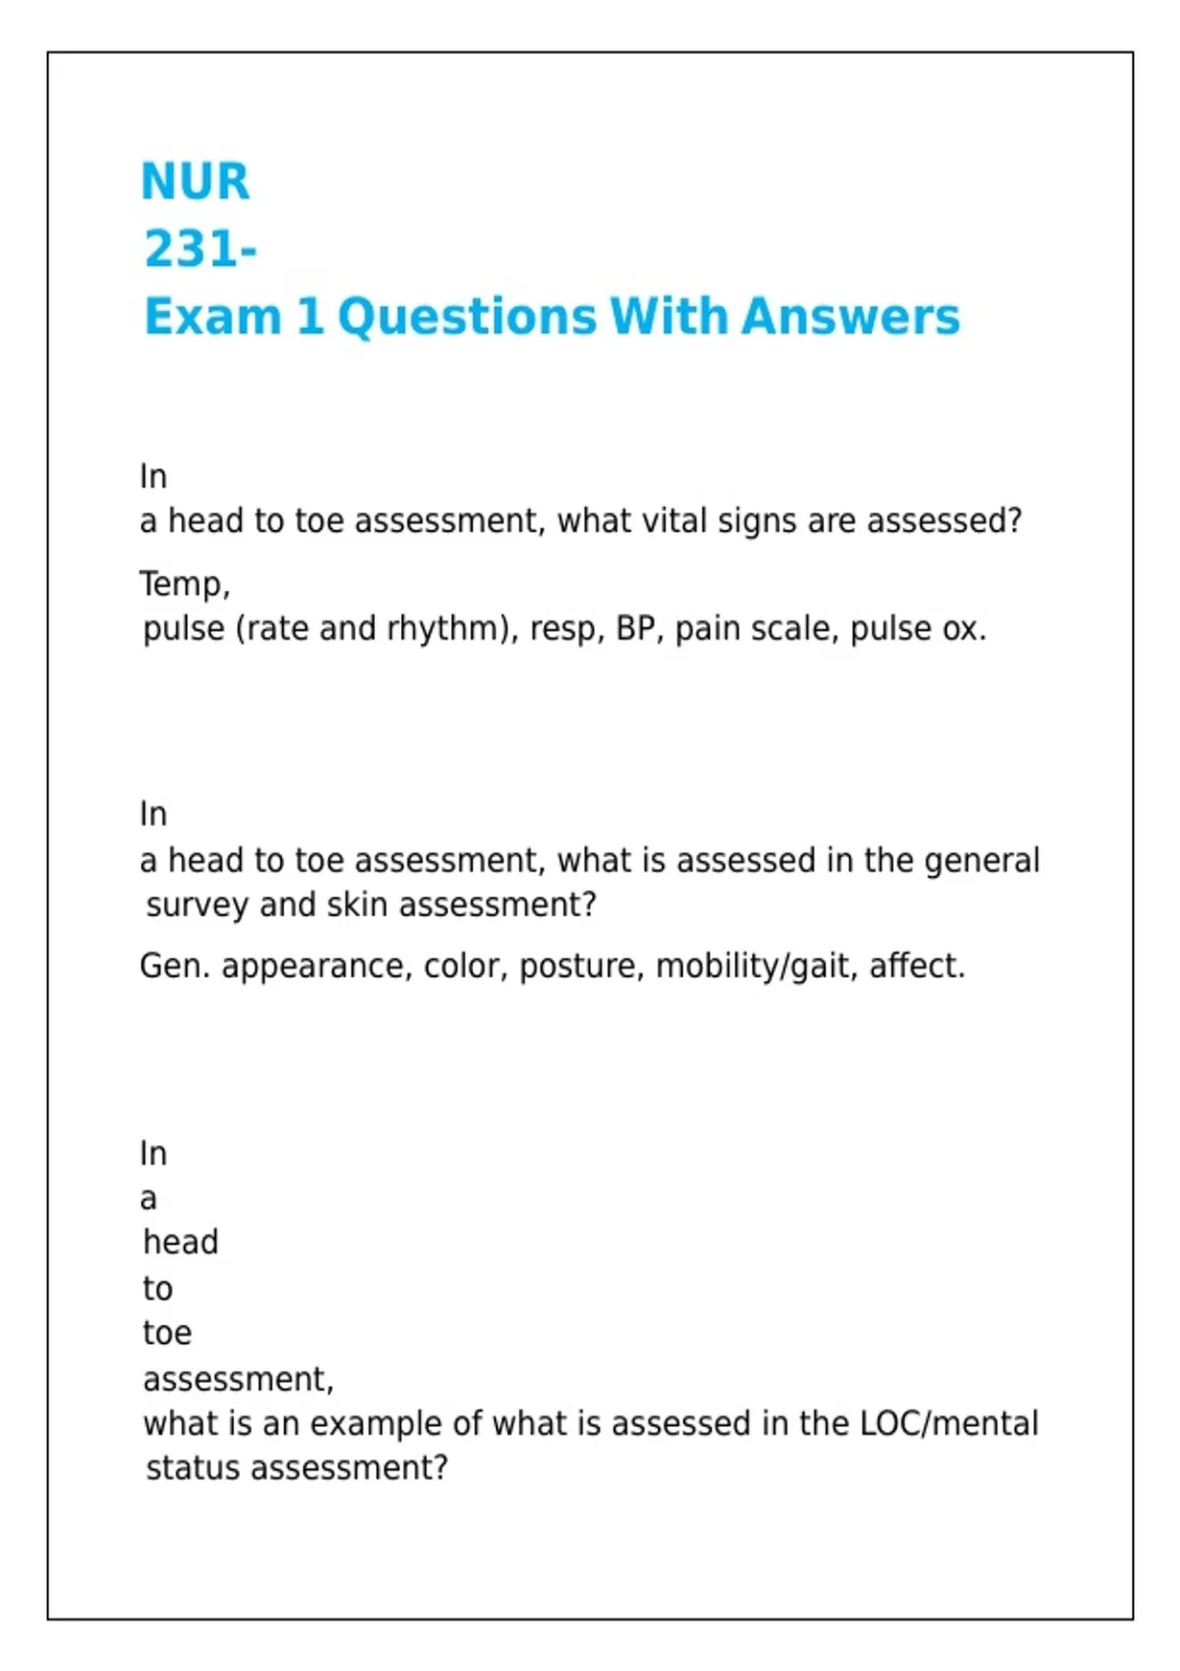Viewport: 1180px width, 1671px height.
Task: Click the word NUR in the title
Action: coord(196,182)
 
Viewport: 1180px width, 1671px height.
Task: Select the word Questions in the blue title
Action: coord(467,317)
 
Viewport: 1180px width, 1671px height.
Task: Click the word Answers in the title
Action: coord(851,317)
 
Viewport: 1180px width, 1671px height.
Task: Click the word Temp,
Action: coord(185,585)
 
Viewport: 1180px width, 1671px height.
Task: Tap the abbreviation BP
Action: coord(636,629)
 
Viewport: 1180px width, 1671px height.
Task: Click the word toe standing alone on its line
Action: coord(167,1334)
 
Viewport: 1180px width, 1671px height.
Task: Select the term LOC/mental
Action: coord(949,1424)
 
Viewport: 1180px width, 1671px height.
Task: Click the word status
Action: coord(193,1469)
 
